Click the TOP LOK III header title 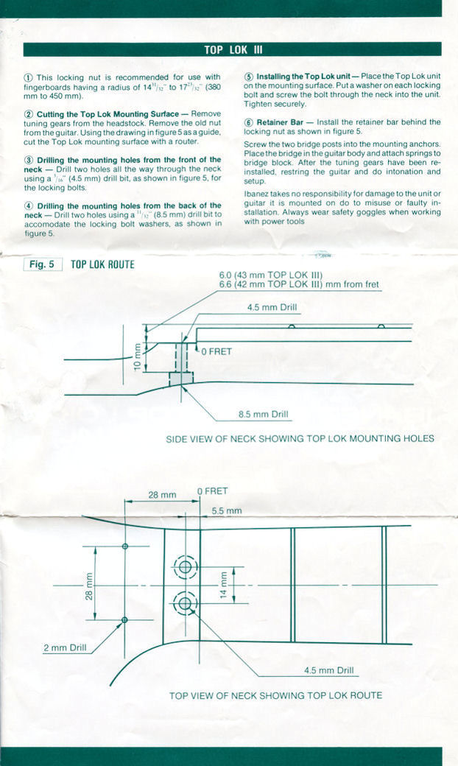click(233, 50)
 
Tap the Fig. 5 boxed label click(43, 264)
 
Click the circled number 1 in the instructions click(28, 77)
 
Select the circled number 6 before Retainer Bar click(249, 122)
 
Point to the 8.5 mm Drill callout click(263, 414)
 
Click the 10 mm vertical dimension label click(137, 358)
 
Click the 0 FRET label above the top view click(212, 491)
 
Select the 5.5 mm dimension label click(227, 511)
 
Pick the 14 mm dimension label click(223, 585)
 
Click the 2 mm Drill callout click(65, 647)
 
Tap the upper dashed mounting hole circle click(185, 567)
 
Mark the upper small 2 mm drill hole click(124, 547)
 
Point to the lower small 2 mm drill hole click(124, 620)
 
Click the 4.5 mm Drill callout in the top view click(328, 670)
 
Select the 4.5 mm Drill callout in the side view click(272, 308)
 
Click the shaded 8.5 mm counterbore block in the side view click(181, 379)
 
